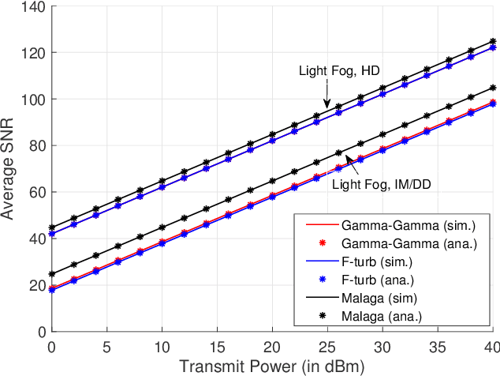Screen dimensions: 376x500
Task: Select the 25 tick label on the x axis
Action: point(326,346)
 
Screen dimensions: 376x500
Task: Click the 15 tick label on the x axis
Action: point(217,346)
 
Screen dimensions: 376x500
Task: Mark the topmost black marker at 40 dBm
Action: point(493,41)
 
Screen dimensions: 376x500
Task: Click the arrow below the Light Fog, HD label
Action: point(326,98)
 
